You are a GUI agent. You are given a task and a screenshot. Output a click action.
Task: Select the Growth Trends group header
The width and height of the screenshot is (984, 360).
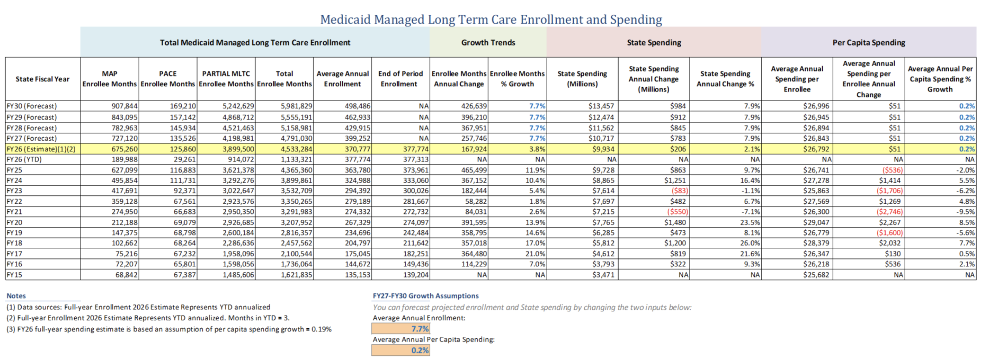[x=488, y=42]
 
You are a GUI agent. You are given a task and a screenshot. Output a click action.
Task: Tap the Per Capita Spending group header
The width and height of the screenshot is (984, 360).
[x=869, y=42]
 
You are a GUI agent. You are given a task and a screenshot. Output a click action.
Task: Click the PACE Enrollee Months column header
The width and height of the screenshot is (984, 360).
[x=168, y=78]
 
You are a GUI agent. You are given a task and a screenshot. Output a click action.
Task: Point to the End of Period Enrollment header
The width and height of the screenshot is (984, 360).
[x=401, y=78]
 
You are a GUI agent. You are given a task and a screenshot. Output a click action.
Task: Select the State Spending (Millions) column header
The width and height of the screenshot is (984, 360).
[x=582, y=78]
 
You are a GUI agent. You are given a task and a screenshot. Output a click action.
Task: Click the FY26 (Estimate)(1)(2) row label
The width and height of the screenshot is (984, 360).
[x=41, y=149]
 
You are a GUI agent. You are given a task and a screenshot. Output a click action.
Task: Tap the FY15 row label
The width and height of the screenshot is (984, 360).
[x=14, y=275]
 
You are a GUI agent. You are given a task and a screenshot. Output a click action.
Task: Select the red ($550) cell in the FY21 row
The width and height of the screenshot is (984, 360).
[x=677, y=212]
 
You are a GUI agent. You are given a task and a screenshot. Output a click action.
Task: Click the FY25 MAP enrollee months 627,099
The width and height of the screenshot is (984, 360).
[x=124, y=170]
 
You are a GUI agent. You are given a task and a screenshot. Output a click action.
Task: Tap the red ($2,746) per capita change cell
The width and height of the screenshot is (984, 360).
[x=889, y=212]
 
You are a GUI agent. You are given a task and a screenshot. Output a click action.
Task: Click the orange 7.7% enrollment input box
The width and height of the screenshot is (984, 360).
[x=401, y=328]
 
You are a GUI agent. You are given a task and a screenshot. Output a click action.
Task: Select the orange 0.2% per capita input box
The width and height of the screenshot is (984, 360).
[x=401, y=350]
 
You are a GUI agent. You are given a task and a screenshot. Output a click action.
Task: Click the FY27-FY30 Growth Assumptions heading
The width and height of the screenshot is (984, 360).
[x=426, y=296]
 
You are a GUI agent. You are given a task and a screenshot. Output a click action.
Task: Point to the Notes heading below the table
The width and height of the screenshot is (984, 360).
[x=16, y=296]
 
